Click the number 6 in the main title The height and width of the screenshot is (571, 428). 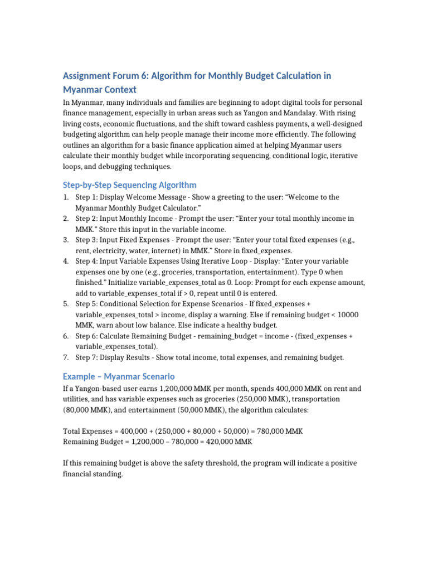(148, 75)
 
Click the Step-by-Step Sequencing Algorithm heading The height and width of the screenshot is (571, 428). (129, 185)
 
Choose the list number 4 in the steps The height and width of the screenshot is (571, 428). (66, 261)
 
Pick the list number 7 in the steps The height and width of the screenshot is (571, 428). (66, 357)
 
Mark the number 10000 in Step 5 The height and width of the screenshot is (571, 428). (347, 314)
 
